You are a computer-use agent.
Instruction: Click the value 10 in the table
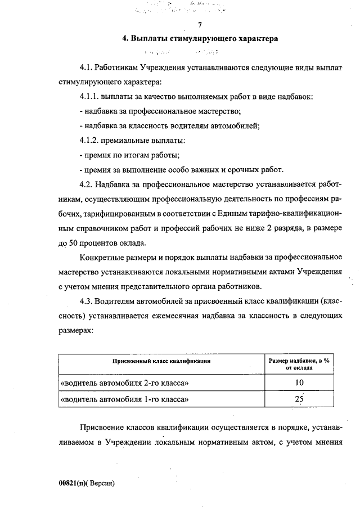point(299,383)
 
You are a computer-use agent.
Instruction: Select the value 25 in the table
point(299,399)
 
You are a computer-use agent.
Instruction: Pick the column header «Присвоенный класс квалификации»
point(161,359)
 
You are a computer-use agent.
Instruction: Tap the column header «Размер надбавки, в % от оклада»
point(299,363)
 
